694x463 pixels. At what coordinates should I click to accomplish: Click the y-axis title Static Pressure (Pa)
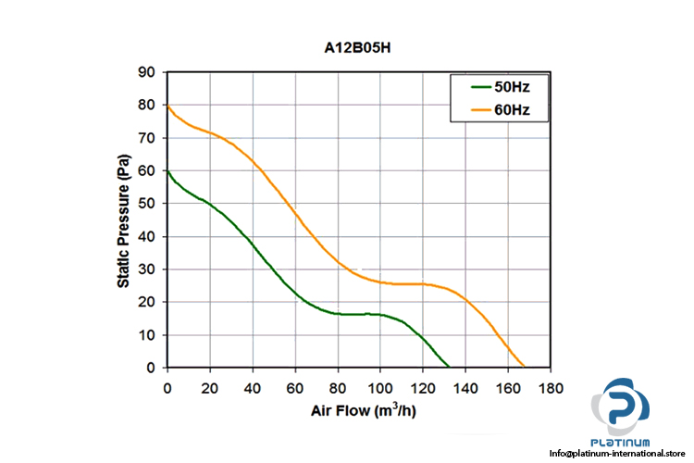point(123,220)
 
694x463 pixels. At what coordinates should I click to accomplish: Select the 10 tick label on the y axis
point(148,335)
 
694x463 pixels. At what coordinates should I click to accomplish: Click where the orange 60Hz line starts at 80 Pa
point(167,106)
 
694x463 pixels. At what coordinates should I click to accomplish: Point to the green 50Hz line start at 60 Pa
point(167,171)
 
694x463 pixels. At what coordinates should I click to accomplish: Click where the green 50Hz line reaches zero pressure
point(449,368)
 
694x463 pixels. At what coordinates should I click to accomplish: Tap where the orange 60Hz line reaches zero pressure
point(525,368)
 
